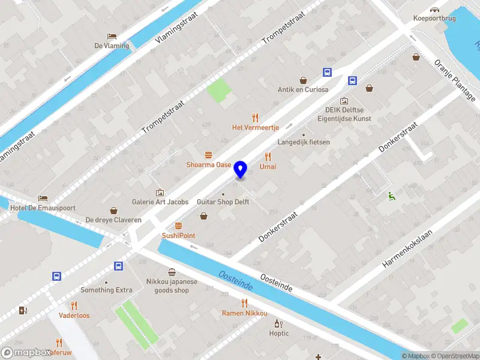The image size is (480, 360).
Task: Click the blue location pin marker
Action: [x=241, y=170]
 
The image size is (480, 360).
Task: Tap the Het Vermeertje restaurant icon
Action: [x=256, y=118]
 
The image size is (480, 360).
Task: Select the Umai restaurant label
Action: [x=268, y=166]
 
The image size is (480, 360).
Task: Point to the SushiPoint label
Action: [x=178, y=236]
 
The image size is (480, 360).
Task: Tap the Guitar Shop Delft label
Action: [x=223, y=202]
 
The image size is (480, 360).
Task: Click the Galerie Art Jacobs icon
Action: [x=160, y=193]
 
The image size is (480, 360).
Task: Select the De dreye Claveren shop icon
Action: [x=113, y=211]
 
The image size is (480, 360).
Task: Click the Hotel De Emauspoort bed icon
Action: [x=42, y=198]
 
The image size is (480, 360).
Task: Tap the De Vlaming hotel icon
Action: [x=112, y=36]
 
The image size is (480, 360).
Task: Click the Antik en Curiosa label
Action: [x=303, y=90]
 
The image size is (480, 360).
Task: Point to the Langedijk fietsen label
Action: [x=304, y=142]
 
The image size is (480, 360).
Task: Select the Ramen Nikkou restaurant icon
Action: [x=244, y=303]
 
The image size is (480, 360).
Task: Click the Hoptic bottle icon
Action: [x=278, y=324]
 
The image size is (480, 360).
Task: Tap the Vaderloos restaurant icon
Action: [x=74, y=305]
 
